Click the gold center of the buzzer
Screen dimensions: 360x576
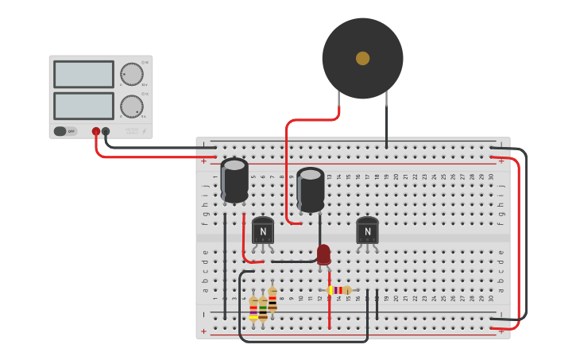pos(362,58)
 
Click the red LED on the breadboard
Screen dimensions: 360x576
pos(323,254)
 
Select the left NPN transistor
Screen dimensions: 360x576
pos(263,230)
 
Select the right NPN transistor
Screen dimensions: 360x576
pos(367,230)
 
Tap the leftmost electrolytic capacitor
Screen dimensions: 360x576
pos(234,180)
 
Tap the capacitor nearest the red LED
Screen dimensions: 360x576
pos(311,190)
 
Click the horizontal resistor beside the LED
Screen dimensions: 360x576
pos(340,290)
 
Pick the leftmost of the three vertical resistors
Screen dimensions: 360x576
pos(253,308)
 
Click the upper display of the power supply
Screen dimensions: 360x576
pos(83,75)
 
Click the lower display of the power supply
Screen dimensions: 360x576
pos(83,106)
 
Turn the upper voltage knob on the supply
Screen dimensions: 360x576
pos(132,75)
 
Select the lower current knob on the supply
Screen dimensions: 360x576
pos(132,106)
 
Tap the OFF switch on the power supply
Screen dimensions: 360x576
pos(65,131)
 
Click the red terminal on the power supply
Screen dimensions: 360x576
pos(96,131)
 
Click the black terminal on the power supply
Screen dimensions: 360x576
pos(106,131)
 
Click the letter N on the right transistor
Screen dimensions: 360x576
pos(367,232)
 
